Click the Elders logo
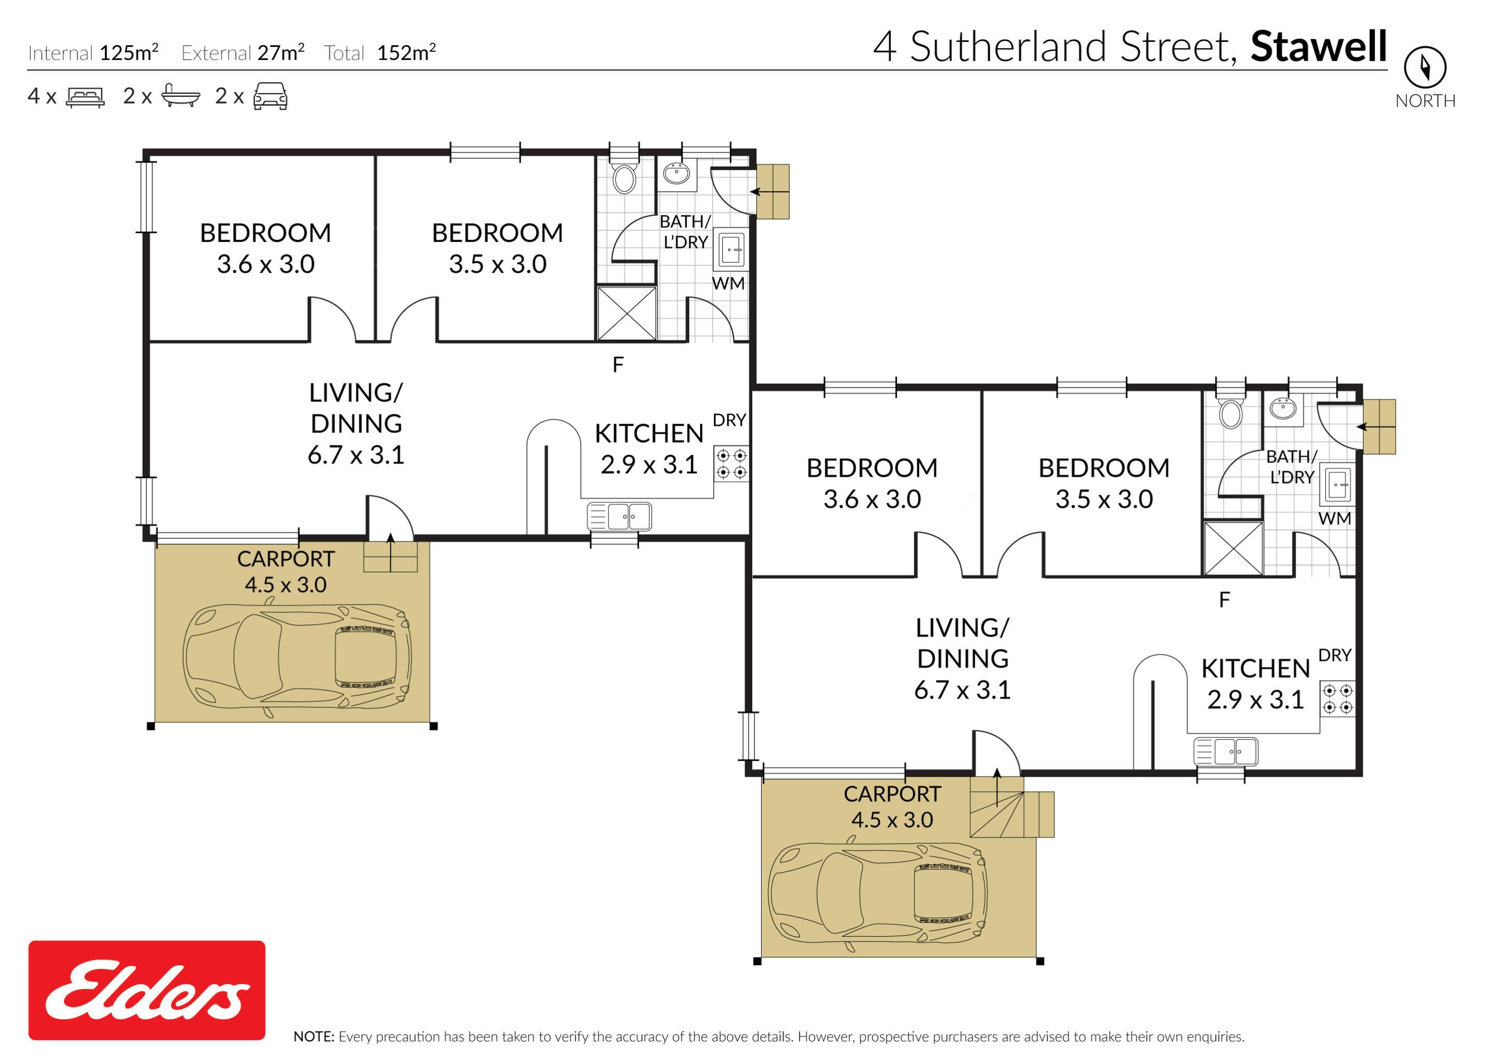147,989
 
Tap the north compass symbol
1424,67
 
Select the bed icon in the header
85,97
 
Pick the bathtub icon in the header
180,95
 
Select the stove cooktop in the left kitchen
732,464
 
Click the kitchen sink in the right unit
1226,752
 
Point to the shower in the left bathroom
627,313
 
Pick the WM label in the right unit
1335,518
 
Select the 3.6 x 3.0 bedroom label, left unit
265,264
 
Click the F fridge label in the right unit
1224,600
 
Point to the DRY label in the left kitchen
729,420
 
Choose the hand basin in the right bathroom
1283,408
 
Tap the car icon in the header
270,96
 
